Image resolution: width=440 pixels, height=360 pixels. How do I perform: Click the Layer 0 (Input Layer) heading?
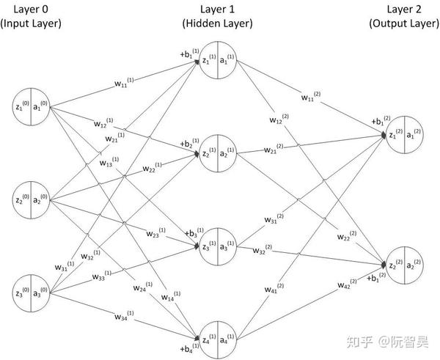(x=31, y=16)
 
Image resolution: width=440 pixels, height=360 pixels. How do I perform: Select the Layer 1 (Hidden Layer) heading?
(x=218, y=16)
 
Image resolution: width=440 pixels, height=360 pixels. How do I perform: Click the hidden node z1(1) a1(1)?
(x=218, y=63)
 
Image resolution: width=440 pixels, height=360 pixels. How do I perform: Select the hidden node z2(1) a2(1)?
(x=218, y=153)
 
